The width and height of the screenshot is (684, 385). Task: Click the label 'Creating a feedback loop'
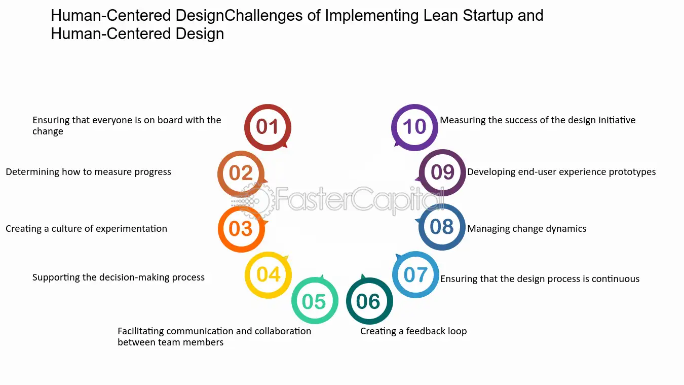413,331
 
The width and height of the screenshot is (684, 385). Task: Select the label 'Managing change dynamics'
527,229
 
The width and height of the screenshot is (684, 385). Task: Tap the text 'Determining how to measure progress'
88,172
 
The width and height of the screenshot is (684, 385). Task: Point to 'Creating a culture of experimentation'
87,229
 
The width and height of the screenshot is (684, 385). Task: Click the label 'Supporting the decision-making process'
119,277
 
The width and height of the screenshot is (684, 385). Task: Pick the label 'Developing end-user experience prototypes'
561,172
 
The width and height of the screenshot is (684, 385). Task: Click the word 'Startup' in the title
487,16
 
